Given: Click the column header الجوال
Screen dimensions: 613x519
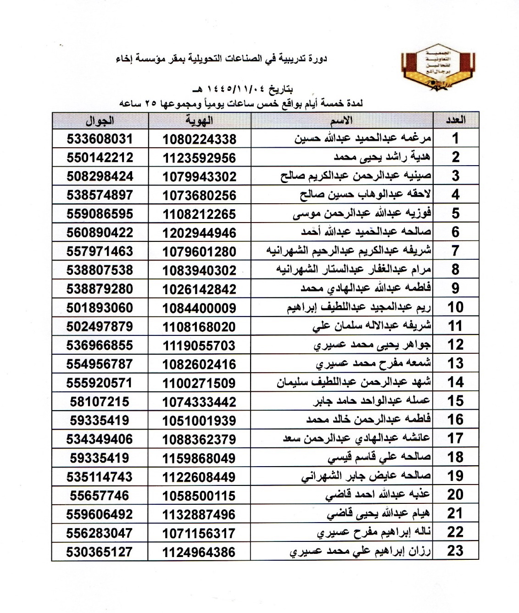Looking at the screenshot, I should coord(100,121).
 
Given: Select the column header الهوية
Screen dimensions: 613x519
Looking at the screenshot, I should coord(199,121).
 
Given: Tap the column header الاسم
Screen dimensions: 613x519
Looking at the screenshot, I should coord(342,121).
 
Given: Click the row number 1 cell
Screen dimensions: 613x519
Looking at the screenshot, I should coord(455,139).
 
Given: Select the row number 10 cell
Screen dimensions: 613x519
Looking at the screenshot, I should coord(455,307).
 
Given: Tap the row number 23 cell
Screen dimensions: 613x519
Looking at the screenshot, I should coord(455,551).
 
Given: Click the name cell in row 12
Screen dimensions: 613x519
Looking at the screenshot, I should coord(372,345).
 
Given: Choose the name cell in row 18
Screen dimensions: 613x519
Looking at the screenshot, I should coord(379,457).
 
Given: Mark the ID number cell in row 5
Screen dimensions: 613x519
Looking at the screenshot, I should coord(199,214).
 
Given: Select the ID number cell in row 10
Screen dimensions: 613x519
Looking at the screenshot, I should coord(199,308).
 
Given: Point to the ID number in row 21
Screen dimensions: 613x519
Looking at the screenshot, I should coord(199,514).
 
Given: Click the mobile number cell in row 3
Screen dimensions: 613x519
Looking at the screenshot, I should coord(100,176).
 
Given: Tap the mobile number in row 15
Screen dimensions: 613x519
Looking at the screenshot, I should coord(100,401).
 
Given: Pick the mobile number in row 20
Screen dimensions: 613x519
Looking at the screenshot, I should coord(100,496).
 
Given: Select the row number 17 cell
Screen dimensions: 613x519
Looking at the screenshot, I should coord(455,439).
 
